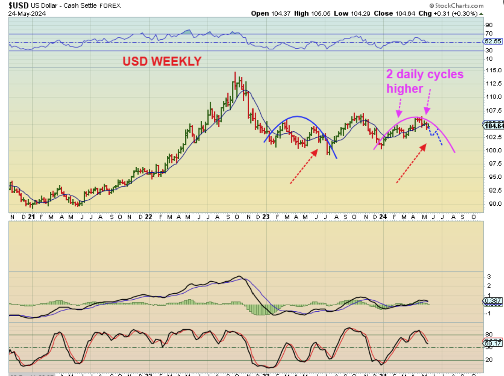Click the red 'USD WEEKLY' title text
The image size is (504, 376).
[x=162, y=61]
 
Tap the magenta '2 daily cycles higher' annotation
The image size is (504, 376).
[x=425, y=81]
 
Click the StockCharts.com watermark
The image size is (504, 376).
[x=457, y=6]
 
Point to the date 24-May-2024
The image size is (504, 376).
[x=27, y=13]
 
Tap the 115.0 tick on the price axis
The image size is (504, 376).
[x=493, y=70]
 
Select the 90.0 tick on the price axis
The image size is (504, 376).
[x=493, y=203]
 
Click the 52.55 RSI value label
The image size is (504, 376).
[x=492, y=41]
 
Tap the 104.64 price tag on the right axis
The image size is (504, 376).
[x=494, y=126]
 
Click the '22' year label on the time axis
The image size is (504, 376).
[x=148, y=217]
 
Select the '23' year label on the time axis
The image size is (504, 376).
[x=266, y=217]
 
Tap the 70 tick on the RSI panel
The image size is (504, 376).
[x=489, y=33]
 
